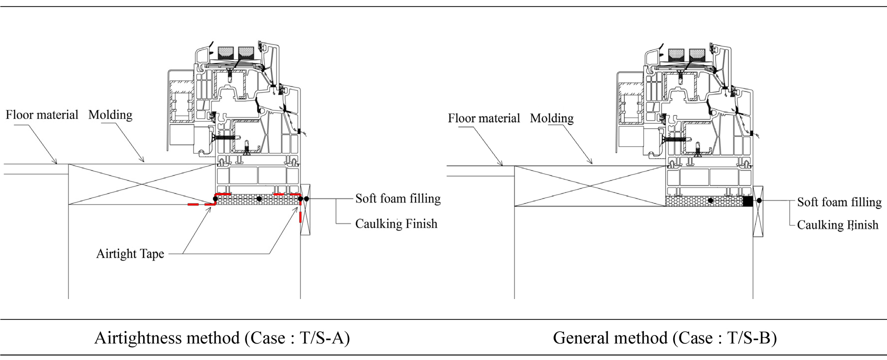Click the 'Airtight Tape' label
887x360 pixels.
click(130, 254)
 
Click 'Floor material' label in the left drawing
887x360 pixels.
click(42, 115)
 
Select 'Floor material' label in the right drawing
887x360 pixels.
click(483, 118)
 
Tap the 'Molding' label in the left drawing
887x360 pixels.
click(110, 115)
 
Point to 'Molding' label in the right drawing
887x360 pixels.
click(551, 118)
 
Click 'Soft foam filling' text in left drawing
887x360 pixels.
click(397, 198)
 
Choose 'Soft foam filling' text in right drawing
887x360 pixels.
click(839, 202)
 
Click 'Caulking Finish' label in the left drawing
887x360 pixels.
click(396, 223)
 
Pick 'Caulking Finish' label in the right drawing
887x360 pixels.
click(837, 225)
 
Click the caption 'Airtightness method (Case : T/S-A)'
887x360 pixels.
click(222, 338)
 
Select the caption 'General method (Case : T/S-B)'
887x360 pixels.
click(664, 338)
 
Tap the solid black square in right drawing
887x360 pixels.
click(747, 201)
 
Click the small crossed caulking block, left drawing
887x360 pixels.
click(305, 210)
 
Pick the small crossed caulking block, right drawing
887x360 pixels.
click(758, 211)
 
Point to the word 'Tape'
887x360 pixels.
click(152, 254)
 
